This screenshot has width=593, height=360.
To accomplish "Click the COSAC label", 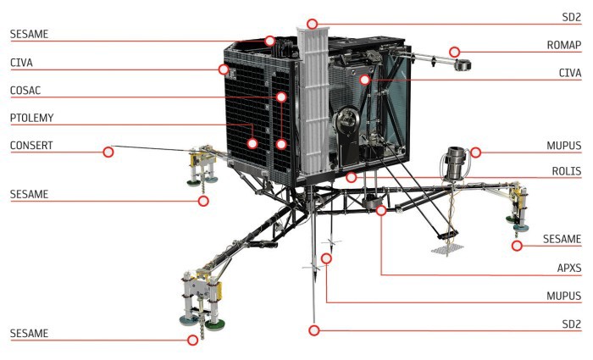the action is (25, 91).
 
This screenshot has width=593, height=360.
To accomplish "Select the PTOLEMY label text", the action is (32, 118).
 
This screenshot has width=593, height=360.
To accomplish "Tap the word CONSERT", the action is (31, 146).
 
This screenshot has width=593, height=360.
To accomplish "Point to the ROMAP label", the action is (564, 45).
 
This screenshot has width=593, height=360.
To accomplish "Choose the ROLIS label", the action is (567, 171).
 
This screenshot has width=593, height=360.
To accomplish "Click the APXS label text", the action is (569, 269).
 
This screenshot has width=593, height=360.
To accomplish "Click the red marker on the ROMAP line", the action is (454, 53).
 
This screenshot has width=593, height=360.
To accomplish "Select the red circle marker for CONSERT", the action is (108, 152).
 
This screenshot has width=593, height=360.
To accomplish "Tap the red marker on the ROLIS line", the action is (351, 177).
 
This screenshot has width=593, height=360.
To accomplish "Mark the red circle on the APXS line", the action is (381, 210).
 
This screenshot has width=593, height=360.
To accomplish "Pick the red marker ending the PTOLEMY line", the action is (252, 143).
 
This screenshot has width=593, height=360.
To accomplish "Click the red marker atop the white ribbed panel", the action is (312, 24).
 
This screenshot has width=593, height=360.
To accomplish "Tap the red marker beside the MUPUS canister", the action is (475, 152).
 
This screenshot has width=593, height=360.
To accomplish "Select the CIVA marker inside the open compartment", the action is (364, 80).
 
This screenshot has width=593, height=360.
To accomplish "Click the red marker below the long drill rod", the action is (313, 330).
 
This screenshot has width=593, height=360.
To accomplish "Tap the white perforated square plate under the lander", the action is (447, 249).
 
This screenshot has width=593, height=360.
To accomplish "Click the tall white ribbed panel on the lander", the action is (313, 100).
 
